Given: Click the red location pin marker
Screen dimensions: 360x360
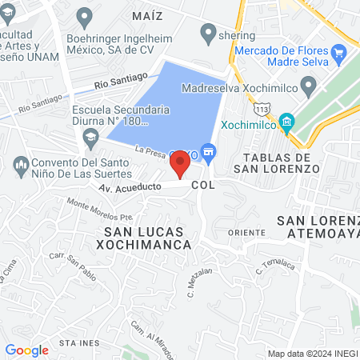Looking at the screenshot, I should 180,164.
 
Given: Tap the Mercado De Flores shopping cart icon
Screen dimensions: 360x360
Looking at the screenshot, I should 339,54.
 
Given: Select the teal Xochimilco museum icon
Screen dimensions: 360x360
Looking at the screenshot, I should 288,123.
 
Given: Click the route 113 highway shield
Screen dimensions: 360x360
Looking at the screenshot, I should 262,108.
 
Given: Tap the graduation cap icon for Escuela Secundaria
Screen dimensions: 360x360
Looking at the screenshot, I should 90,140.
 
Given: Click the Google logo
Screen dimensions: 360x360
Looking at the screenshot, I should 26,350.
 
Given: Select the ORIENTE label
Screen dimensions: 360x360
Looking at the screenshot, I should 246,232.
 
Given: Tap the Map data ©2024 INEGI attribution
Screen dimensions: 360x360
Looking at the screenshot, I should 312,354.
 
